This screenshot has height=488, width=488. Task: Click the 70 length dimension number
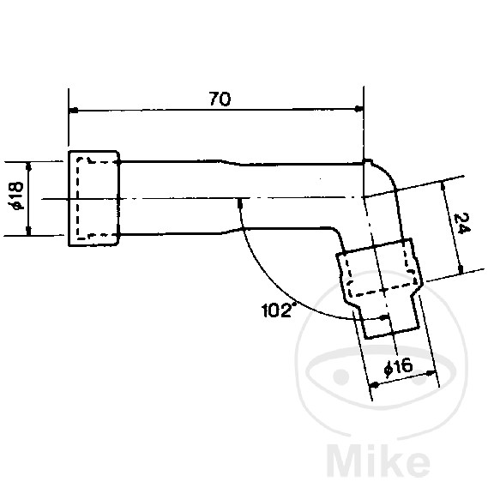(x=220, y=99)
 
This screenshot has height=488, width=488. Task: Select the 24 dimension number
(x=462, y=224)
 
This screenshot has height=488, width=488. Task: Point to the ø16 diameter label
(x=399, y=367)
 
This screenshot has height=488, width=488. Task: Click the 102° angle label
(x=278, y=310)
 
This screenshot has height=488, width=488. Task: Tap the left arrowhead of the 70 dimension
(x=74, y=110)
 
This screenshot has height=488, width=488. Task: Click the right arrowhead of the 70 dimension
(x=358, y=109)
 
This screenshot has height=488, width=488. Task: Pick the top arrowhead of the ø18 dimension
(x=28, y=167)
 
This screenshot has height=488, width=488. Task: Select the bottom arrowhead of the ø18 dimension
(x=28, y=231)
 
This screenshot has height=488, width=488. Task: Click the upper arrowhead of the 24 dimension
(x=443, y=187)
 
